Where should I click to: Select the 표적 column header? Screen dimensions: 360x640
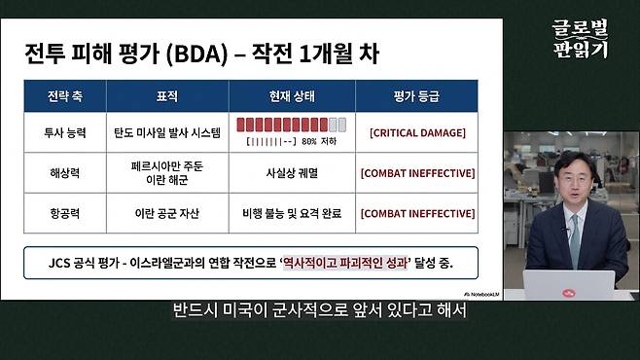167,98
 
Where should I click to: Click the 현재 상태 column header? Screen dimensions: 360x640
291,98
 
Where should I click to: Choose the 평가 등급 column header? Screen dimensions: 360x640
416,98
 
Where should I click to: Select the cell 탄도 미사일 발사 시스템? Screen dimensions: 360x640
167,131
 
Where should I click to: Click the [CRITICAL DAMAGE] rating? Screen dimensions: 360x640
417,131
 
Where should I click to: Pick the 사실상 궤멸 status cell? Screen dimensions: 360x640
291,172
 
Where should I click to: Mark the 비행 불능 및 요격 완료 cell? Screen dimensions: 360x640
291,212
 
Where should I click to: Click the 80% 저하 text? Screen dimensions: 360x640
318,141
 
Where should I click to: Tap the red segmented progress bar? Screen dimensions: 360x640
290,125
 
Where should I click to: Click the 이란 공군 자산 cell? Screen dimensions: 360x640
167,212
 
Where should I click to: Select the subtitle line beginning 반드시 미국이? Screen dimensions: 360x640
320,312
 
